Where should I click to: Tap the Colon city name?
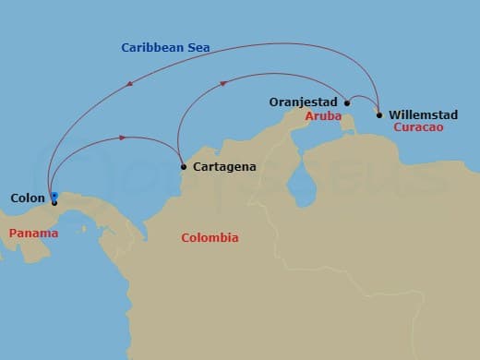coord(27,198)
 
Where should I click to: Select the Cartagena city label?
coord(225,167)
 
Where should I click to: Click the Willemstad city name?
coord(422,114)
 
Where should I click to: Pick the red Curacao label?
coord(417,127)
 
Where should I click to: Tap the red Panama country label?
coord(33,234)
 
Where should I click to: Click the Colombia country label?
coord(210,238)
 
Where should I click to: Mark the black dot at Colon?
coord(54,203)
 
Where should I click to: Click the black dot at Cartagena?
coord(184,167)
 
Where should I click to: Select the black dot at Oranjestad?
coord(347,103)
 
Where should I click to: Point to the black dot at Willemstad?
coord(379,115)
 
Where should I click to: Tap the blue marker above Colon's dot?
coord(54,195)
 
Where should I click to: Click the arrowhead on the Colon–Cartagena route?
coord(122,138)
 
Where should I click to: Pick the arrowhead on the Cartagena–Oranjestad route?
coord(222,83)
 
